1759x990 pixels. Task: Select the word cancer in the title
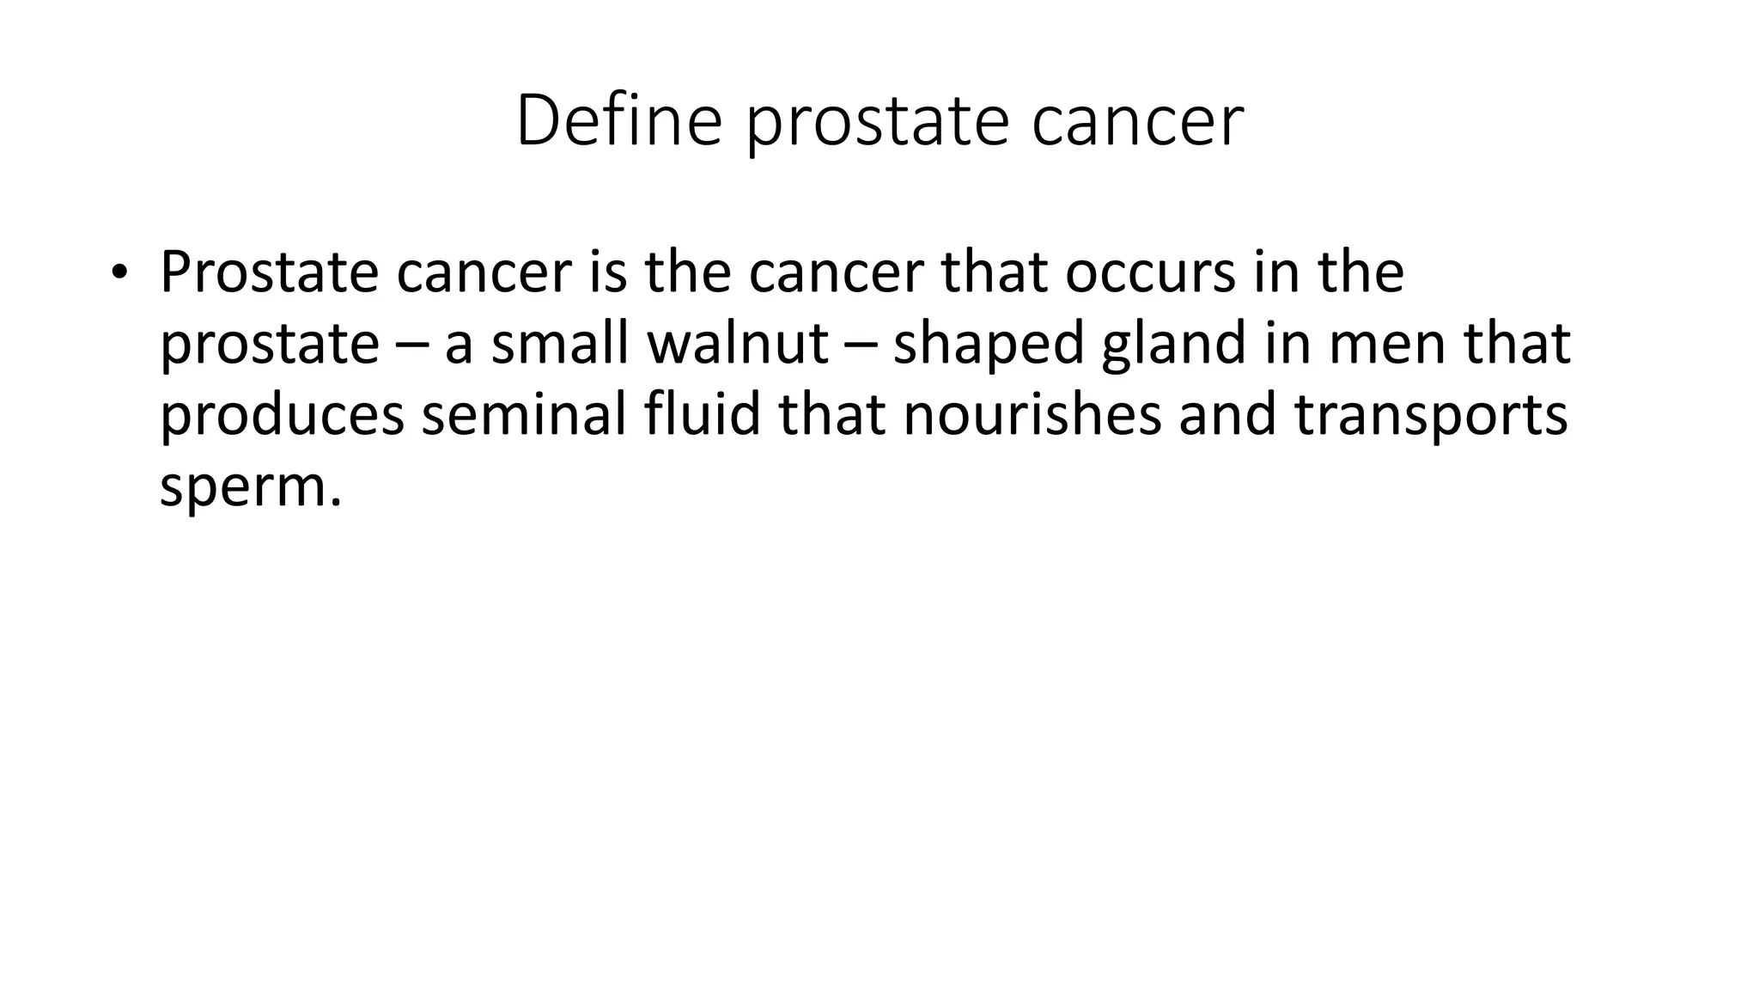click(1137, 121)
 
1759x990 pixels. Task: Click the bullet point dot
click(118, 272)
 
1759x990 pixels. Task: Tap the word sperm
click(244, 489)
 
